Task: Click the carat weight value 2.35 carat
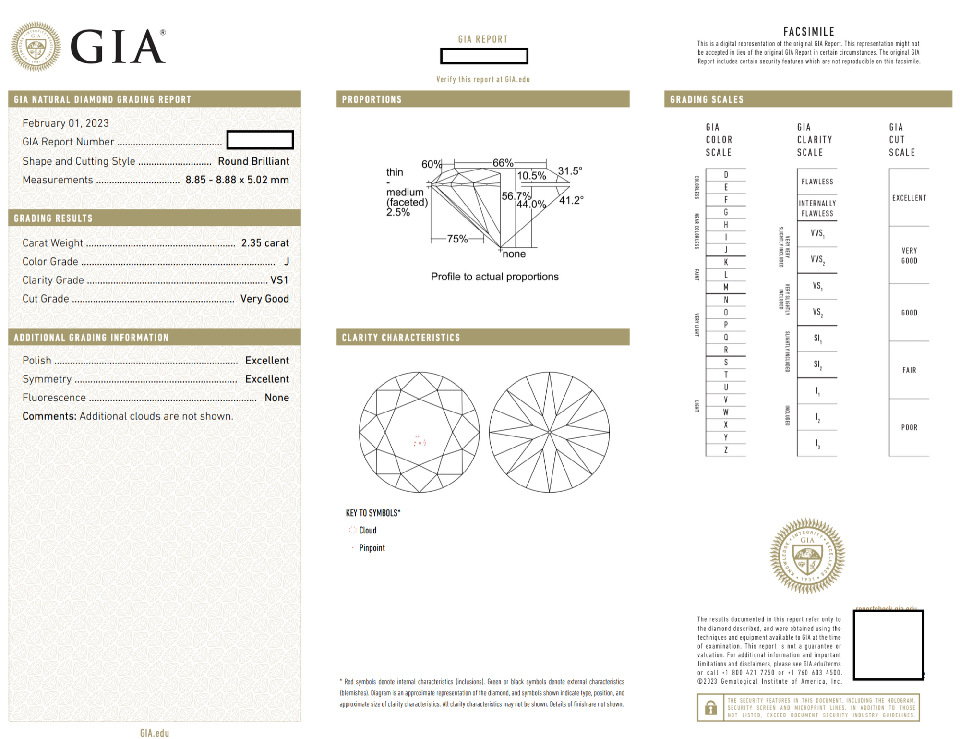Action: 265,243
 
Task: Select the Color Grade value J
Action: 286,262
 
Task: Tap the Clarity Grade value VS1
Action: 279,280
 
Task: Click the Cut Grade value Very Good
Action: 264,299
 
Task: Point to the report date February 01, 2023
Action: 66,123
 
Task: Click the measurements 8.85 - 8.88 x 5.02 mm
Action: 237,180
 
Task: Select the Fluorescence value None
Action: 276,398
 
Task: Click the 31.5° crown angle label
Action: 570,171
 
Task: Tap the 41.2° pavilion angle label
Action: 571,200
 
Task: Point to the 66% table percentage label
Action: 503,163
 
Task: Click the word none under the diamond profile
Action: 514,254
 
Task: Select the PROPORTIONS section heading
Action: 372,100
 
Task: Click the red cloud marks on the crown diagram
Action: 420,441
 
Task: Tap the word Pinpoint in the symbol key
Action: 372,548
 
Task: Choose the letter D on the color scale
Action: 726,175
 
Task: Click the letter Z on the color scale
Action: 726,450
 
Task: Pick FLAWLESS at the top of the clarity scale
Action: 817,182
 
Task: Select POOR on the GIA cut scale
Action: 909,427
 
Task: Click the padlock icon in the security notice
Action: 710,707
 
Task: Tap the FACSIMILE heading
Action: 809,32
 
